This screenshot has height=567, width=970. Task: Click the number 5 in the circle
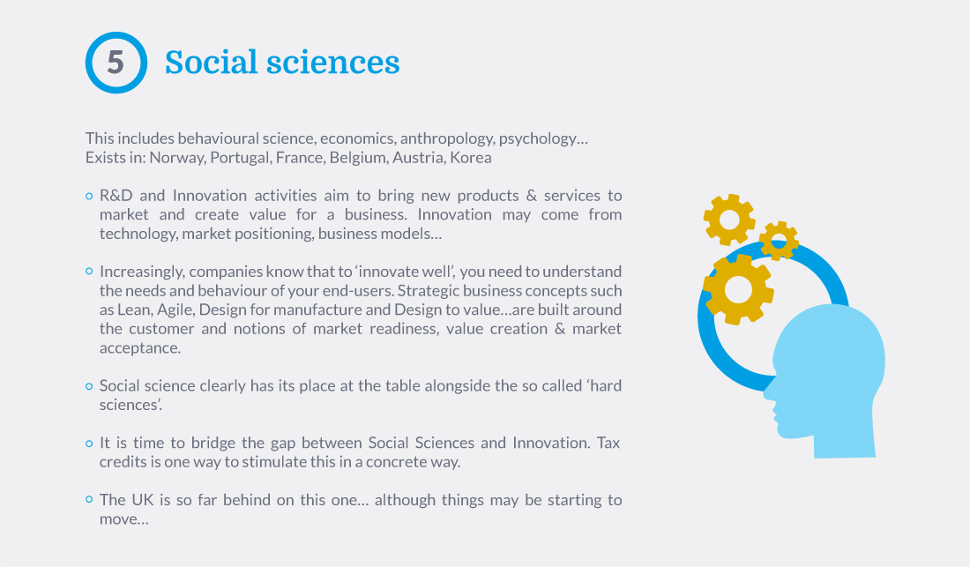coord(116,63)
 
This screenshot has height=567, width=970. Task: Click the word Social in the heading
coord(211,63)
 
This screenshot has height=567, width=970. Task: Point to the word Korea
coord(471,158)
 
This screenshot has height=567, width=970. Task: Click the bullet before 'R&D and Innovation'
coord(89,196)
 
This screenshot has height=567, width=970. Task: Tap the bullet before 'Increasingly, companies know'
coord(89,272)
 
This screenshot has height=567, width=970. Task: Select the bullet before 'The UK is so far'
coord(89,500)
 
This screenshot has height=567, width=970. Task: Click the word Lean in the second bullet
coord(134,310)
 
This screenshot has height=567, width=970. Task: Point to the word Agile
coord(175,310)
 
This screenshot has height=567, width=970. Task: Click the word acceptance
coord(140,348)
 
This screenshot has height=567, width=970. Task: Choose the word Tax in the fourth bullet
coord(608,443)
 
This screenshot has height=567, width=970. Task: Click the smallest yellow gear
coord(779,241)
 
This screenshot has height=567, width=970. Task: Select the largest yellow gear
coord(738,289)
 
